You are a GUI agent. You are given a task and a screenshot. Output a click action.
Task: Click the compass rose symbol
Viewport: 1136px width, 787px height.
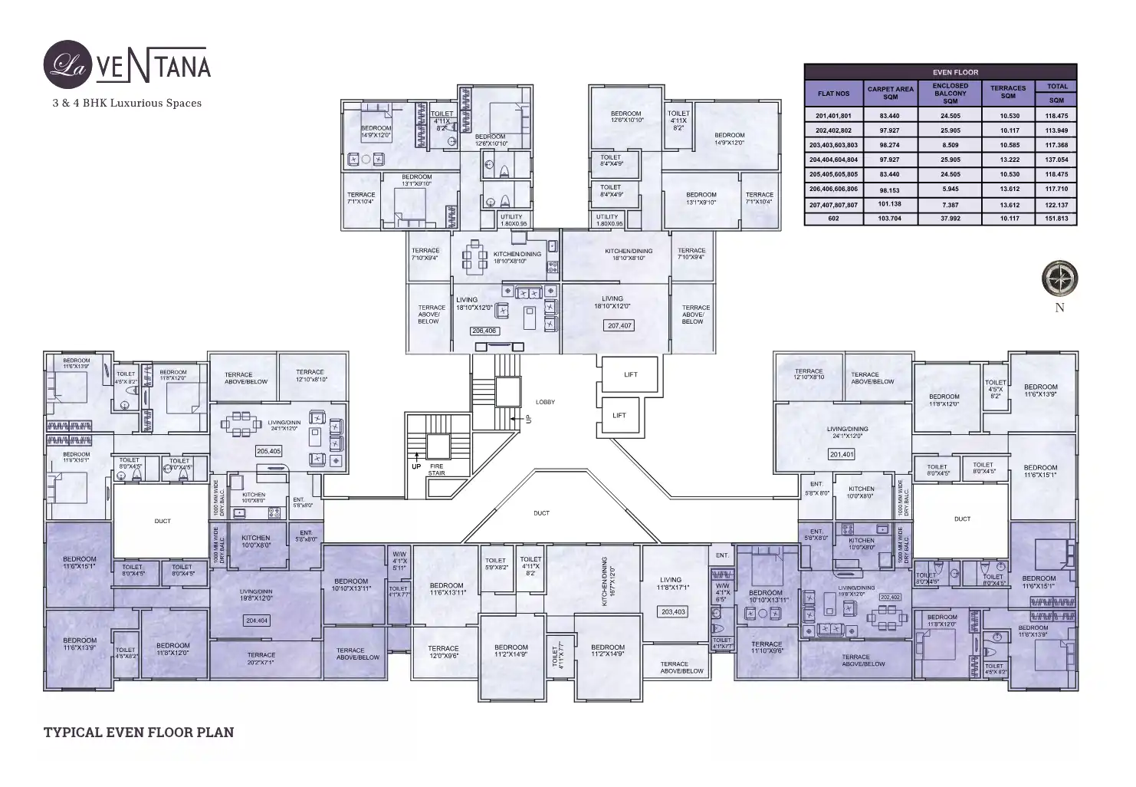tap(1059, 278)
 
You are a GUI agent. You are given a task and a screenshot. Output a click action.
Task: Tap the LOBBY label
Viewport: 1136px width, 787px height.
tap(545, 402)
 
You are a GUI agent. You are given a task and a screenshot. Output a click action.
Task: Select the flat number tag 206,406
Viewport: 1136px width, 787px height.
tap(484, 331)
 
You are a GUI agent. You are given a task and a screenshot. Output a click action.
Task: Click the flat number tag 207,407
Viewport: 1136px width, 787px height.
tap(619, 325)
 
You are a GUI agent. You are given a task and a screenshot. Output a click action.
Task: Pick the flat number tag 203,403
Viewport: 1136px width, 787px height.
tap(673, 611)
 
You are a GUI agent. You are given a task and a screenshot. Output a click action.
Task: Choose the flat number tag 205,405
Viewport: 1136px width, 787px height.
tap(268, 451)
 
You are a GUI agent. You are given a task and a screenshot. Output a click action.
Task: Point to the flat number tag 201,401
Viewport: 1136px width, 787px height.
tap(841, 454)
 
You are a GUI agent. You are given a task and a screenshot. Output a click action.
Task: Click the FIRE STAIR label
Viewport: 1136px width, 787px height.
tap(436, 469)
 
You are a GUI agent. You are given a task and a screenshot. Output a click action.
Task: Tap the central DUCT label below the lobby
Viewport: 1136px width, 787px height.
tap(541, 513)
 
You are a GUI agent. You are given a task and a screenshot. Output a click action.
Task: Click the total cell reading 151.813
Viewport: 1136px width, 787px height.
tap(1056, 219)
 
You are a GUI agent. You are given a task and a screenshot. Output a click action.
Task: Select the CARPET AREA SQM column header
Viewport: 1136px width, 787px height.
tap(890, 93)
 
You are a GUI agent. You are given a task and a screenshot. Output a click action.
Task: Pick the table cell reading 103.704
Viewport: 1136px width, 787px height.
tap(890, 219)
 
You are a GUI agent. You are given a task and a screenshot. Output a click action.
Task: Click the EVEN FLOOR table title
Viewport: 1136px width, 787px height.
tap(940, 72)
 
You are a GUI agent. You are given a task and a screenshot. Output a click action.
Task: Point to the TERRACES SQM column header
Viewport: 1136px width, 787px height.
tap(1007, 92)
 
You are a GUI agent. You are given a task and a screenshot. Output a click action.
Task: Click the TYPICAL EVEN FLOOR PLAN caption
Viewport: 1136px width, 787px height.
tap(139, 733)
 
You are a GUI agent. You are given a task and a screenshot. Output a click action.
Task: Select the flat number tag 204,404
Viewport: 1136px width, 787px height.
tap(257, 621)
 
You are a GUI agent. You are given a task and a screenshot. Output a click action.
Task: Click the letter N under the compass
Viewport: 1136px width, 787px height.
tap(1059, 308)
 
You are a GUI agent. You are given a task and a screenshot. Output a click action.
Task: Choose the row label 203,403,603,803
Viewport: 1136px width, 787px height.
tap(833, 145)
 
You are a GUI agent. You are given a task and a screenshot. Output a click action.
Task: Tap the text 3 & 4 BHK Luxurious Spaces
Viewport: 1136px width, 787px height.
tap(127, 103)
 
